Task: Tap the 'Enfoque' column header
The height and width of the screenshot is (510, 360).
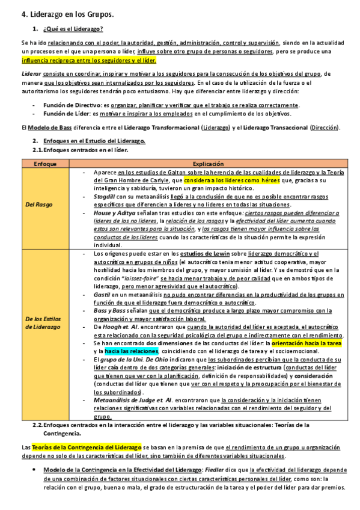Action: tap(45, 164)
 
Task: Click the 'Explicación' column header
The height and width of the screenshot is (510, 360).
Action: tap(208, 164)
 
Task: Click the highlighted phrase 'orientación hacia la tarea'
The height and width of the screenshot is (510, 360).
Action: tap(307, 342)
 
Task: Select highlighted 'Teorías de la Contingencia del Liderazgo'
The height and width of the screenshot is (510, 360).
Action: tap(85, 447)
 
